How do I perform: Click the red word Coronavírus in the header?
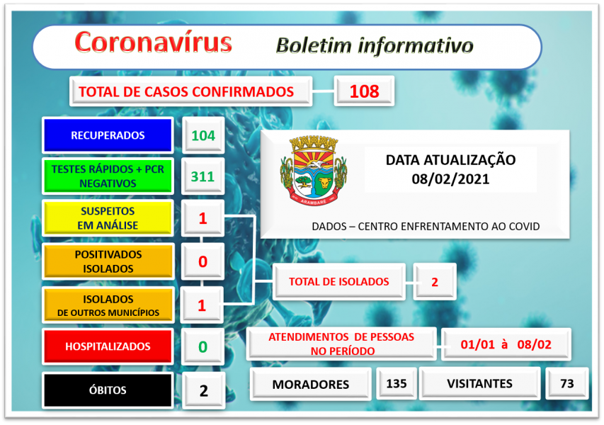coord(153,42)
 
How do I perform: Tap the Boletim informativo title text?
coord(375,45)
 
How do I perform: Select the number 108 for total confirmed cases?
coord(363,91)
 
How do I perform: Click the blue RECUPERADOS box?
coord(108,135)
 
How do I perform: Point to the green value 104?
coord(203,135)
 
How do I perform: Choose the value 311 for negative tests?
coord(203,176)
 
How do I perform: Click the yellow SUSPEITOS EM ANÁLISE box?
coord(108,218)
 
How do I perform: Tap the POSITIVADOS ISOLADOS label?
coord(108,261)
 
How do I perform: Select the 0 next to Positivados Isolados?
coord(203,261)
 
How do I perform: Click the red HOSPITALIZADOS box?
coord(108,346)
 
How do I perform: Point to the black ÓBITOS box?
coord(108,390)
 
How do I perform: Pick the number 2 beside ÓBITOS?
coord(203,390)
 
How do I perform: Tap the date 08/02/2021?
coord(450,179)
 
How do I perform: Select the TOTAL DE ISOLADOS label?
coord(338,281)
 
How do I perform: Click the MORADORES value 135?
coord(397,384)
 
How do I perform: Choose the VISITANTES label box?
coord(479,384)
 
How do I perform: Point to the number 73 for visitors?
coord(566,384)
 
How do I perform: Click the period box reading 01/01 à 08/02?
coord(506,345)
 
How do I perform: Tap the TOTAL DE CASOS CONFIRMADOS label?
coord(186,91)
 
